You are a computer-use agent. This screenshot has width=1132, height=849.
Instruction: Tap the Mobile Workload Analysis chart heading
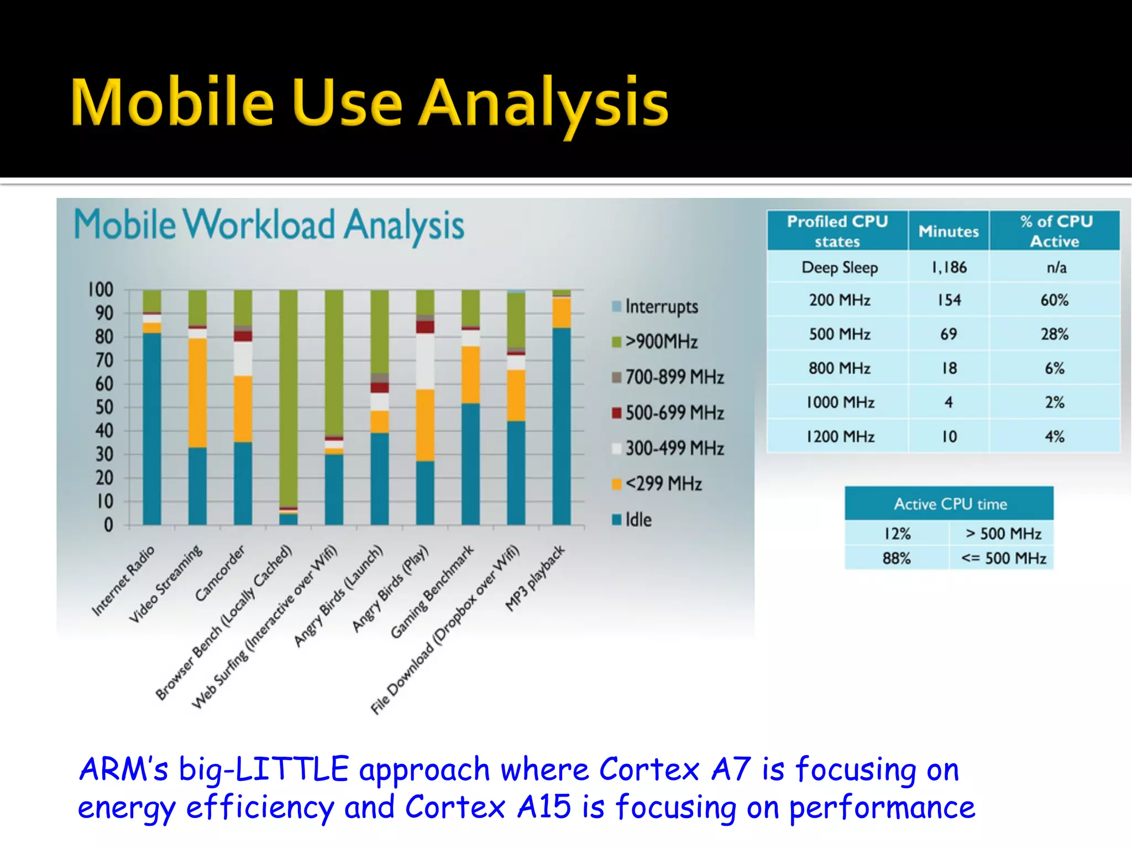tap(269, 226)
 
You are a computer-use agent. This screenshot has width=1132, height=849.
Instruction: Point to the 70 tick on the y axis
tap(104, 360)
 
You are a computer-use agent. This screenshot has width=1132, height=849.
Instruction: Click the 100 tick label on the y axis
tap(101, 290)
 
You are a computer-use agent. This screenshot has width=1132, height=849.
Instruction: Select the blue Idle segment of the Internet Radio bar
tap(152, 428)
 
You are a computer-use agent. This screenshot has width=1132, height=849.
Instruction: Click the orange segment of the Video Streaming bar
tap(197, 392)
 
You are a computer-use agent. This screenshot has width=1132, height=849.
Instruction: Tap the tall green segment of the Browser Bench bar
tap(288, 398)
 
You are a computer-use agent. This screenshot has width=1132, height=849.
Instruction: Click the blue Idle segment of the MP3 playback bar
tap(561, 426)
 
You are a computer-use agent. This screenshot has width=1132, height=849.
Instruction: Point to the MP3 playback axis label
tap(535, 578)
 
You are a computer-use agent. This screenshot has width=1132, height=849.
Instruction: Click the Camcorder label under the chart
tap(219, 573)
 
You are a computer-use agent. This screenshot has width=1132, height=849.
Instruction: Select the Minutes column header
tap(948, 231)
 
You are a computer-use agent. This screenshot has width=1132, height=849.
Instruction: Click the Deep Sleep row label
tap(839, 268)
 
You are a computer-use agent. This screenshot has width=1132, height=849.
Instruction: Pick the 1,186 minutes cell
tap(948, 268)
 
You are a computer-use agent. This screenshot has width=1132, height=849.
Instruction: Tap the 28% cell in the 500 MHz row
tap(1054, 334)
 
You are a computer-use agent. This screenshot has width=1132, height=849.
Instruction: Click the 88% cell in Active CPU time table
tap(896, 558)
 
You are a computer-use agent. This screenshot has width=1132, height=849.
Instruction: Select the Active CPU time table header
tap(950, 504)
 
